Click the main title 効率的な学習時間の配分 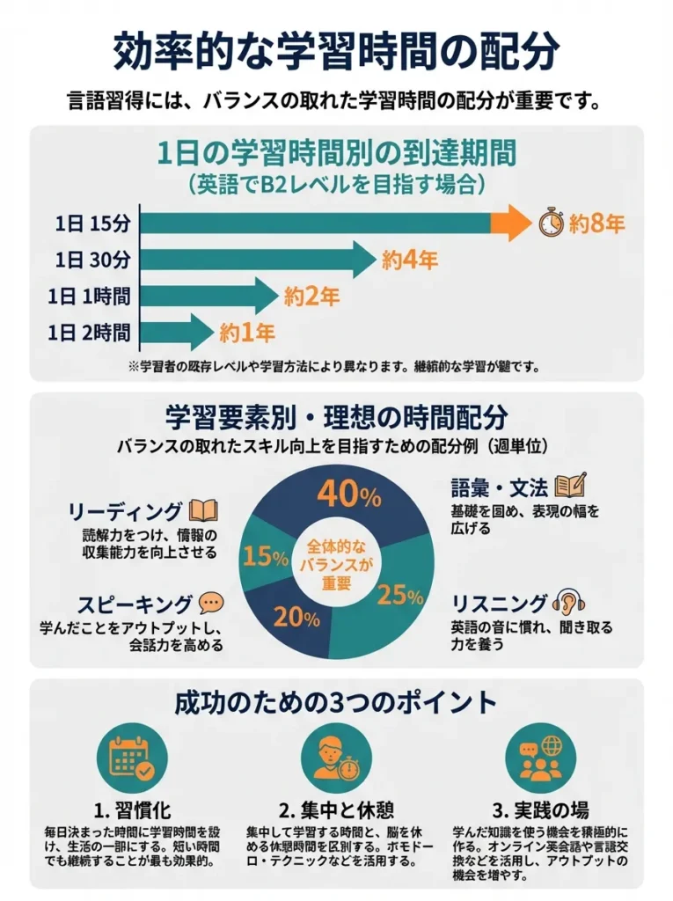coord(336,51)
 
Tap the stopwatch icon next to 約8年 coord(550,223)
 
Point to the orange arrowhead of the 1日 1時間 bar coord(266,296)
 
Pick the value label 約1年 coord(247,333)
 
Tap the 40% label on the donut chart coord(348,494)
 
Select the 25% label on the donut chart coord(400,596)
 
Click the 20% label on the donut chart coord(296,617)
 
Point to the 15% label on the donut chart coord(267,556)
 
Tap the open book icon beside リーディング coord(203,511)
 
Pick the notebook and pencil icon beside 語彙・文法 coord(570,485)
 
